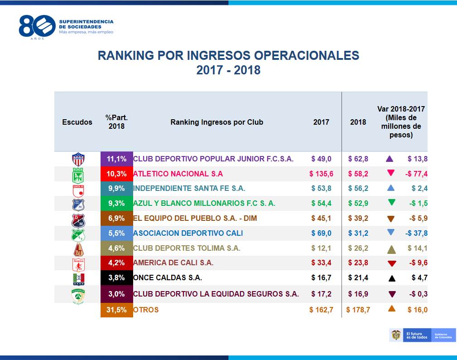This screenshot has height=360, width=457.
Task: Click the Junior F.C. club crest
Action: pyautogui.click(x=78, y=159)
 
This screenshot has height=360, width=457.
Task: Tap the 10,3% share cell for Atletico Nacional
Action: pyautogui.click(x=116, y=174)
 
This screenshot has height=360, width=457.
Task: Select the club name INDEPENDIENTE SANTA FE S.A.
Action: pyautogui.click(x=189, y=189)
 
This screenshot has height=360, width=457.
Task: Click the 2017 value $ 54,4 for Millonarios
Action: pyautogui.click(x=321, y=203)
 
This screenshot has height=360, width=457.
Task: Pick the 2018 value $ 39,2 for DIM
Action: pyautogui.click(x=358, y=218)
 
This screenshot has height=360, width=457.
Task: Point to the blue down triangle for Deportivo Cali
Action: pyautogui.click(x=391, y=232)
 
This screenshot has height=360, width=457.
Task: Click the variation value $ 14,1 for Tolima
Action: pyautogui.click(x=417, y=248)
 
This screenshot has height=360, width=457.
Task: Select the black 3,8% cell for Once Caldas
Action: pyautogui.click(x=116, y=278)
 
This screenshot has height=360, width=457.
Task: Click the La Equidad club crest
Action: pyautogui.click(x=78, y=296)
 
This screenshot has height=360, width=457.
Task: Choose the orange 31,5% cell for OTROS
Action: pyautogui.click(x=116, y=310)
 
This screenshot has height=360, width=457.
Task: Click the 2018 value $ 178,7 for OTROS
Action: pyautogui.click(x=358, y=310)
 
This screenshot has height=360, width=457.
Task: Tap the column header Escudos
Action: pyautogui.click(x=77, y=122)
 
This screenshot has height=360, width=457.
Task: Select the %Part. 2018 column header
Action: pyautogui.click(x=116, y=122)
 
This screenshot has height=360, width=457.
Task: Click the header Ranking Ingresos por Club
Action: pyautogui.click(x=217, y=122)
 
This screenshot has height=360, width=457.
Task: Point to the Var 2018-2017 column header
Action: pyautogui.click(x=401, y=122)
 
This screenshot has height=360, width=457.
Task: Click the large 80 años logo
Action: pyautogui.click(x=37, y=27)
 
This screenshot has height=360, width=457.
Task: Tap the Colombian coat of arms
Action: pyautogui.click(x=396, y=335)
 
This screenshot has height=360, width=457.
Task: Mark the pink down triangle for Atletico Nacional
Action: pyautogui.click(x=391, y=173)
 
